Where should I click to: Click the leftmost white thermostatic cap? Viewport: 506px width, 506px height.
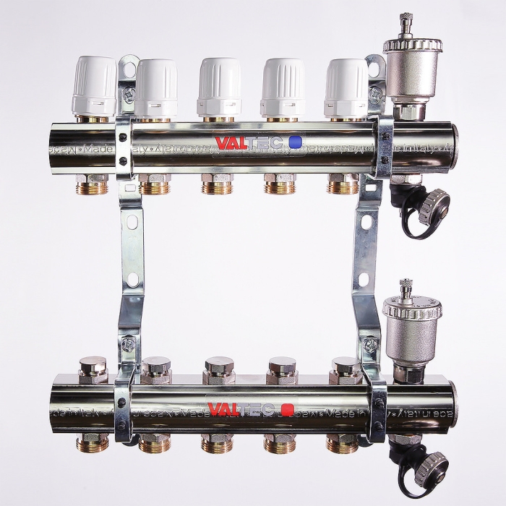tap(93, 86)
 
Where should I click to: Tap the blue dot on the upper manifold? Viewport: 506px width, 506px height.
tap(294, 142)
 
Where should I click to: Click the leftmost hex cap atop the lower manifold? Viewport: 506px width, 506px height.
tap(93, 369)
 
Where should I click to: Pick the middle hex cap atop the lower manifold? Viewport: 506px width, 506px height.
tap(219, 369)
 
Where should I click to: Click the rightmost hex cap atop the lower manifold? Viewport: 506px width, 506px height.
tap(345, 369)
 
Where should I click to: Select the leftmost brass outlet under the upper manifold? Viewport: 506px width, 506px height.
tap(93, 185)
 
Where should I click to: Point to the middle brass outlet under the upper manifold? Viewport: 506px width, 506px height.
tap(217, 186)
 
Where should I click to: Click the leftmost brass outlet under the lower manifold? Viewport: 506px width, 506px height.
tap(93, 442)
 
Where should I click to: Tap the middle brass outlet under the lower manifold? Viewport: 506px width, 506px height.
tap(216, 443)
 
